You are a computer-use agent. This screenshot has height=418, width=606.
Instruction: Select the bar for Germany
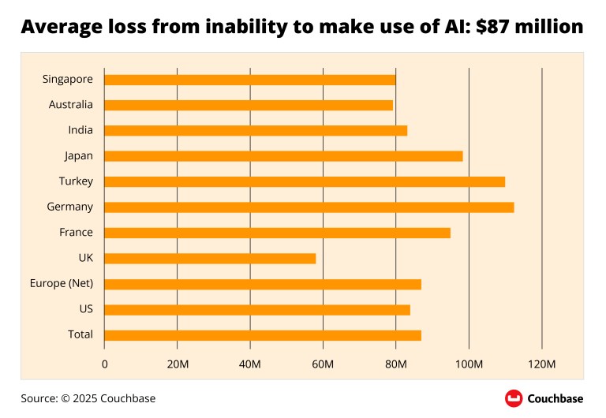309,207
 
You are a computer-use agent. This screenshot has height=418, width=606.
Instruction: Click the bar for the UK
210,259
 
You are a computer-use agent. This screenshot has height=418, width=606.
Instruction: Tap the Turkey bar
304,181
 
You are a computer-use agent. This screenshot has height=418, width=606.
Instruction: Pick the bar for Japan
283,156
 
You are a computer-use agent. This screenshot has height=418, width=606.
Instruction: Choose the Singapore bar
249,80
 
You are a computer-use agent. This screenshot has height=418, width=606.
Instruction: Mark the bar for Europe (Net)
262,284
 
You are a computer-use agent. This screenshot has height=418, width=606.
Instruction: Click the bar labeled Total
262,335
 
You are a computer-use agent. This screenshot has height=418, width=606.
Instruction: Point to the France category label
76,233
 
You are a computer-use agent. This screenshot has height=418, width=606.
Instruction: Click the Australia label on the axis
70,105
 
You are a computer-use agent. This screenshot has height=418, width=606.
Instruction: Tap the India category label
80,130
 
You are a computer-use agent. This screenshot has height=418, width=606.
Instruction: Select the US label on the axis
86,309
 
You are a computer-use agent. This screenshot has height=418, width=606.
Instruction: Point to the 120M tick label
542,364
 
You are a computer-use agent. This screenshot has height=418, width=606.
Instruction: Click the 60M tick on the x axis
323,364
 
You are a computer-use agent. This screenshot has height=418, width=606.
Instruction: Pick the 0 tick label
105,364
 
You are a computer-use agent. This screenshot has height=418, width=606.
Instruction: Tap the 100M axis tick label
469,364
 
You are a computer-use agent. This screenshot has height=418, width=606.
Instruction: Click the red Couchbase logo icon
514,398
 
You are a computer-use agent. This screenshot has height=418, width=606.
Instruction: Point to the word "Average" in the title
58,28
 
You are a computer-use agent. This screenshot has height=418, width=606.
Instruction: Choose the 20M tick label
178,364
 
